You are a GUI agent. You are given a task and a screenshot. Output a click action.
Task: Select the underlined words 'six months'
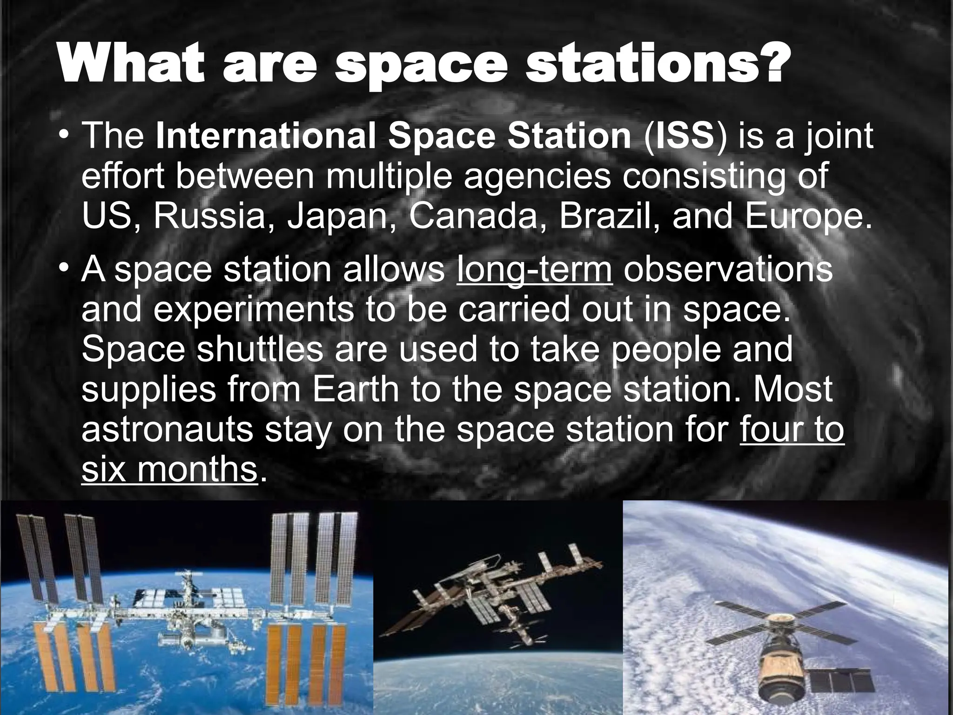coord(169,470)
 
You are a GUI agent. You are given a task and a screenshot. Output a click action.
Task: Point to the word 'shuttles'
coord(259,350)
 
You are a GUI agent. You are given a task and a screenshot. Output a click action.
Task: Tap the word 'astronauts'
coord(167,430)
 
